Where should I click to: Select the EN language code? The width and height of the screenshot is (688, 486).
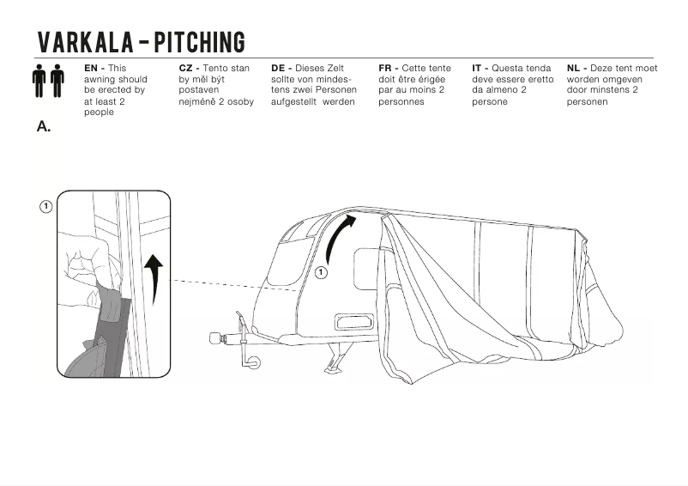coord(93,68)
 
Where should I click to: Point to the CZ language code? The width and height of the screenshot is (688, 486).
coord(187,68)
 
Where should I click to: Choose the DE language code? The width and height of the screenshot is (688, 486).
coord(280,68)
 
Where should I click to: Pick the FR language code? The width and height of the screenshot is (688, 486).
coord(387,68)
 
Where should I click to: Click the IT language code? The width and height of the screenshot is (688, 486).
coord(479,68)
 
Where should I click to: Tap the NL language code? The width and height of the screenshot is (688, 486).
coord(575,68)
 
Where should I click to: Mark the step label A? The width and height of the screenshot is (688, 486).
coord(44,126)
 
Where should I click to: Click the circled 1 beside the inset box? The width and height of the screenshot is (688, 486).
coord(45,206)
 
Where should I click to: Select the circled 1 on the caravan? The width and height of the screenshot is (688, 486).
coord(321,272)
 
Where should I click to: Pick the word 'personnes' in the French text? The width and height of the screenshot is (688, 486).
coord(401,101)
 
